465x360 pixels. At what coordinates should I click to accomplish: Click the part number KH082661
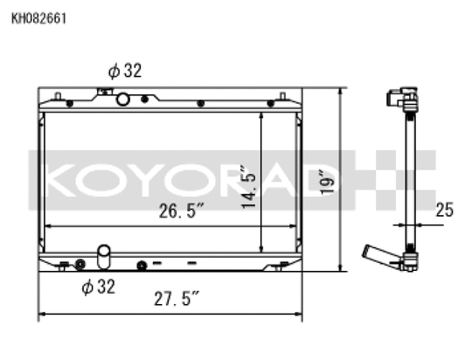click(38, 17)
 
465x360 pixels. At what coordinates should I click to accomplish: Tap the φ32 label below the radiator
click(98, 287)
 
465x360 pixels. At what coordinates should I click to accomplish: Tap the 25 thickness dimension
click(444, 210)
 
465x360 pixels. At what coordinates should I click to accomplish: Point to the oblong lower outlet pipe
click(104, 256)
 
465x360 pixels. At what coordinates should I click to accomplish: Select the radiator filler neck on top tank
click(107, 91)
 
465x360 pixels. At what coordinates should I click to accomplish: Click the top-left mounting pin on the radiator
click(58, 95)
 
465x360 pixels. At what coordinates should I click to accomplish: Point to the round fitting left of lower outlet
click(80, 263)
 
